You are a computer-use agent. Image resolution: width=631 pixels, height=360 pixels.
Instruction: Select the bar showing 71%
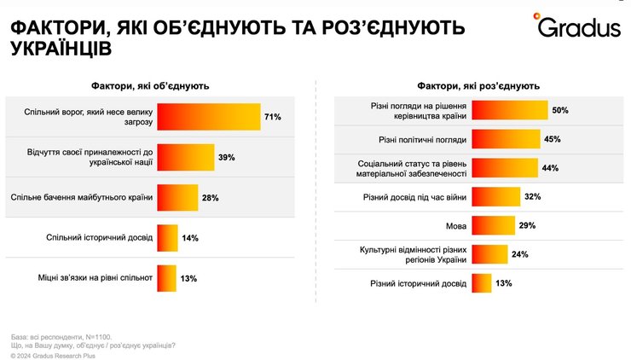(x=209, y=116)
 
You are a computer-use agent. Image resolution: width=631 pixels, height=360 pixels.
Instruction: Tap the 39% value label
(x=226, y=157)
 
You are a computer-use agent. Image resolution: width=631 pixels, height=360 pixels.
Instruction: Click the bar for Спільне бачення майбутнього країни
(x=177, y=198)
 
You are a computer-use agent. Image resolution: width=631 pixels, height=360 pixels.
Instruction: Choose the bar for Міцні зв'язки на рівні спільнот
(x=167, y=277)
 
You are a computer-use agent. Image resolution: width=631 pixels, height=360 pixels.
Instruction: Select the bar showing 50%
(x=510, y=110)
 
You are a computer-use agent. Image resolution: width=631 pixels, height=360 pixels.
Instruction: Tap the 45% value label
(x=553, y=139)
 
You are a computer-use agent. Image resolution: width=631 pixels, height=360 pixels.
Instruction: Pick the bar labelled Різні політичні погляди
(x=507, y=139)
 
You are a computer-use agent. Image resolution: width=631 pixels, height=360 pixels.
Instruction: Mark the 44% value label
(x=550, y=168)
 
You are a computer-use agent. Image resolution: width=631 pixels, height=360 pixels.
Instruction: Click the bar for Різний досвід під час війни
(x=496, y=197)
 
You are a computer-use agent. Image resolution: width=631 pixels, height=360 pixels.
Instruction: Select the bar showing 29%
(x=494, y=225)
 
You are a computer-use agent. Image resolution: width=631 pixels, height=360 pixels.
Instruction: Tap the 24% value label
(x=520, y=254)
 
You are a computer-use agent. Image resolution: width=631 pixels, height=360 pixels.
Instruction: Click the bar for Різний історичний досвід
(x=483, y=283)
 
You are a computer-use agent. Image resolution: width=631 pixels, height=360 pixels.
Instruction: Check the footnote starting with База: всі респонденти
(x=60, y=336)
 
